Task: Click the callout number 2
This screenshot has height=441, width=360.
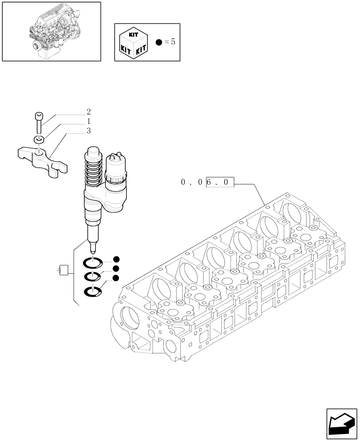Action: click(89, 112)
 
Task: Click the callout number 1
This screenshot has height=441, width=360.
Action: click(89, 121)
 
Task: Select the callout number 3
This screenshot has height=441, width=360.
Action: click(89, 131)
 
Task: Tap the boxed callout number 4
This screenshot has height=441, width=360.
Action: click(62, 270)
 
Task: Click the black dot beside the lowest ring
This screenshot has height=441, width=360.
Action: click(116, 278)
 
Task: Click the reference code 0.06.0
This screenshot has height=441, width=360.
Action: click(206, 182)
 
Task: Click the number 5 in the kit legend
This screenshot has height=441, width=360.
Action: click(173, 42)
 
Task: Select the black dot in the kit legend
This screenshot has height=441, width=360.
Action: click(160, 42)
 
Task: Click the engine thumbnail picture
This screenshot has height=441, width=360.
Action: click(51, 31)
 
